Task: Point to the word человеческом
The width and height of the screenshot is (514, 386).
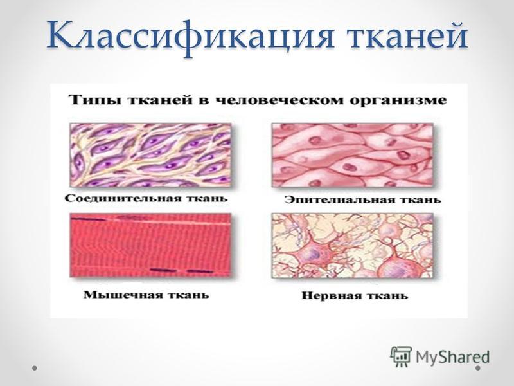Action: [277, 100]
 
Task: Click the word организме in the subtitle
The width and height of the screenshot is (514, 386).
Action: [398, 100]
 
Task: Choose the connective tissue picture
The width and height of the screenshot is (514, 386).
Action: [150, 155]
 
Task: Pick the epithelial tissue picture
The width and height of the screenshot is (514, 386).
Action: [352, 155]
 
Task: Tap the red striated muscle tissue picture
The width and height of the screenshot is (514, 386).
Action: [150, 245]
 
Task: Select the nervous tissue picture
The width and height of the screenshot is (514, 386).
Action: [352, 245]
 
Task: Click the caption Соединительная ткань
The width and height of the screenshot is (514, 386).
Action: [146, 199]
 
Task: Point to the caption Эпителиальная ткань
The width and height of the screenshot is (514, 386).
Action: [362, 199]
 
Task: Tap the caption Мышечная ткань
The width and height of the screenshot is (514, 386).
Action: [146, 295]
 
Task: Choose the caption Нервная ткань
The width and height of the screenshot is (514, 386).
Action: [355, 295]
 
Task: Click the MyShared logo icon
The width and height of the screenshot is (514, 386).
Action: [401, 356]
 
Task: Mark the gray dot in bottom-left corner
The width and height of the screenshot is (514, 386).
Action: [35, 368]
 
